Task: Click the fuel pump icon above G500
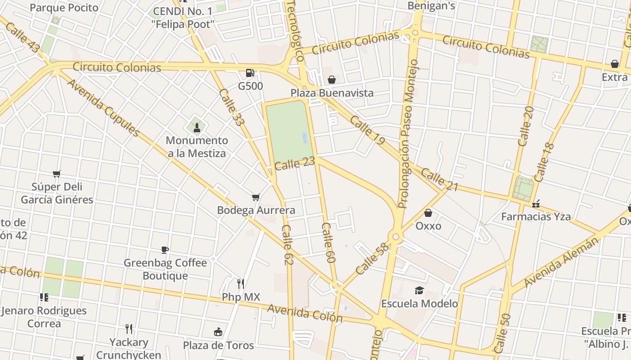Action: [250, 72]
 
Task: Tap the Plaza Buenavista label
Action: [332, 93]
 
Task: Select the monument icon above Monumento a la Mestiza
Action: [197, 127]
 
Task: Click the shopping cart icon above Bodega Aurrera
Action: [256, 197]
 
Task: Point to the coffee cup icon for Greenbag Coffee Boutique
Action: [165, 250]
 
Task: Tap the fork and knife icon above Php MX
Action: [241, 283]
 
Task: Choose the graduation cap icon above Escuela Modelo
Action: [420, 290]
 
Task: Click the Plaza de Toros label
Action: [218, 345]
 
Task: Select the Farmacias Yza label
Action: [536, 216]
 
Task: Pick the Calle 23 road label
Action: [294, 163]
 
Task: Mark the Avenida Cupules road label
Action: [103, 108]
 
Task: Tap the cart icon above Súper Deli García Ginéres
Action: [56, 174]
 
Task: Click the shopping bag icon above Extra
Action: [614, 64]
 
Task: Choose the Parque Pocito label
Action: [64, 8]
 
